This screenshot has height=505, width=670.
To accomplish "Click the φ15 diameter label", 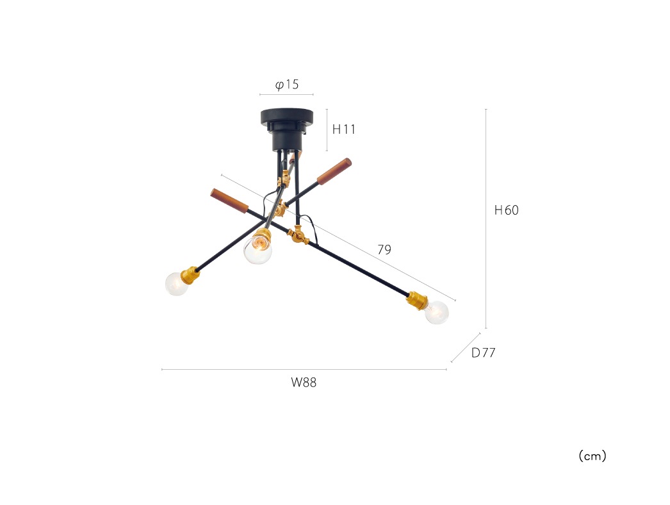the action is (x=287, y=84).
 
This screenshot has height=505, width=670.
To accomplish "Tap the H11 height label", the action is (x=343, y=129).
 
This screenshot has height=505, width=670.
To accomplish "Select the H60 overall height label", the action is (x=507, y=210).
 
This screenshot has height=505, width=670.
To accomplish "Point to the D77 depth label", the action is (x=483, y=352).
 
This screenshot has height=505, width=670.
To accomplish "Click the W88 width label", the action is (x=304, y=383).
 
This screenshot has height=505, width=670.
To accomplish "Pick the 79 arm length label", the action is (x=384, y=249).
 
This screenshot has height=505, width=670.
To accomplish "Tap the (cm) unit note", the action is (x=592, y=456).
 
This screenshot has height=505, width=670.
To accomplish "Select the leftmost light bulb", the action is (x=177, y=283).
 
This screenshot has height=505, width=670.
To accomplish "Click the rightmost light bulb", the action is (x=437, y=311).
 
